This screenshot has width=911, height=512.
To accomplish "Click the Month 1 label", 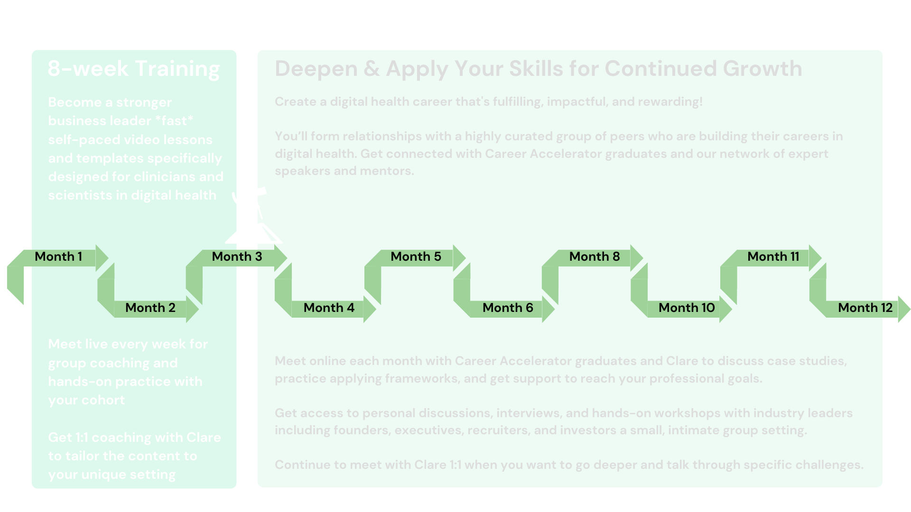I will tap(58, 256).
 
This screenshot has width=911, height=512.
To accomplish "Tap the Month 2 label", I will tap(150, 308).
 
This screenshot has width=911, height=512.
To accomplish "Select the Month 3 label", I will tap(237, 256).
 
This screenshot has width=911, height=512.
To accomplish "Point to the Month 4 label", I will tap(329, 308).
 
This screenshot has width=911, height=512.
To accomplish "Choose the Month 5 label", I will tap(416, 256).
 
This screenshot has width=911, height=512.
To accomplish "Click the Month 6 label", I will tap(508, 308).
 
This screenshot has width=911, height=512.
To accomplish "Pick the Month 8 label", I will tap(595, 256).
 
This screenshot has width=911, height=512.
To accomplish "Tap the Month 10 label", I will tap(687, 308).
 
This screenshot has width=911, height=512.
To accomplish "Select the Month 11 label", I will tap(773, 256).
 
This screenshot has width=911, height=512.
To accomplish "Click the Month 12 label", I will tap(865, 308).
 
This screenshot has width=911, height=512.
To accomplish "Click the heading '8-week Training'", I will tap(134, 69).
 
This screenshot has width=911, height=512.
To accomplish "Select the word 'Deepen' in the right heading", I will tap(316, 69).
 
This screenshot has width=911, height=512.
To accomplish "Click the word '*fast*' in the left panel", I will tap(174, 121).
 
